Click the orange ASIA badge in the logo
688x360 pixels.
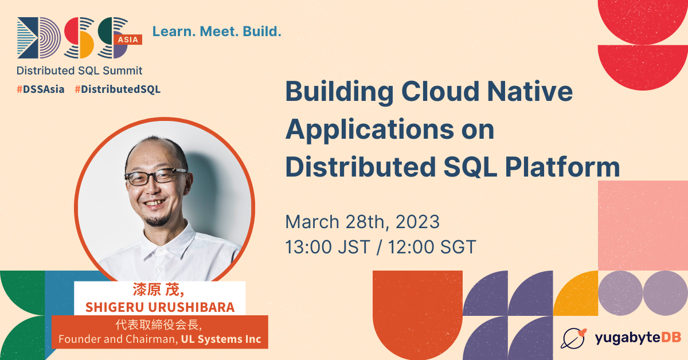click(x=128, y=40)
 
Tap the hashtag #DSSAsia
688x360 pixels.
click(x=41, y=89)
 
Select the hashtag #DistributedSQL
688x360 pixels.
click(x=118, y=89)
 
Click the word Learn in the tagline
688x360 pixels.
click(x=174, y=32)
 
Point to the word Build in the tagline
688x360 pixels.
click(x=261, y=32)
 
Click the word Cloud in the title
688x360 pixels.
click(x=440, y=91)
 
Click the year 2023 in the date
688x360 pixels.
click(x=417, y=222)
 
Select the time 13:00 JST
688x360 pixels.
click(x=328, y=247)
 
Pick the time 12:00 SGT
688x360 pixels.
click(x=432, y=247)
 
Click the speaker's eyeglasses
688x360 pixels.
click(x=156, y=177)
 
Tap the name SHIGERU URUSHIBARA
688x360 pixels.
click(x=160, y=307)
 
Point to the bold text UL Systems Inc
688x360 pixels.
click(x=221, y=339)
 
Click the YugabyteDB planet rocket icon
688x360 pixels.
click(x=573, y=338)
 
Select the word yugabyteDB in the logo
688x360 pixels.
click(x=638, y=338)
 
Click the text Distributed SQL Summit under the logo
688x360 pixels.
click(x=79, y=71)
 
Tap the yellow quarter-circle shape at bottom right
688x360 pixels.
click(x=576, y=294)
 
